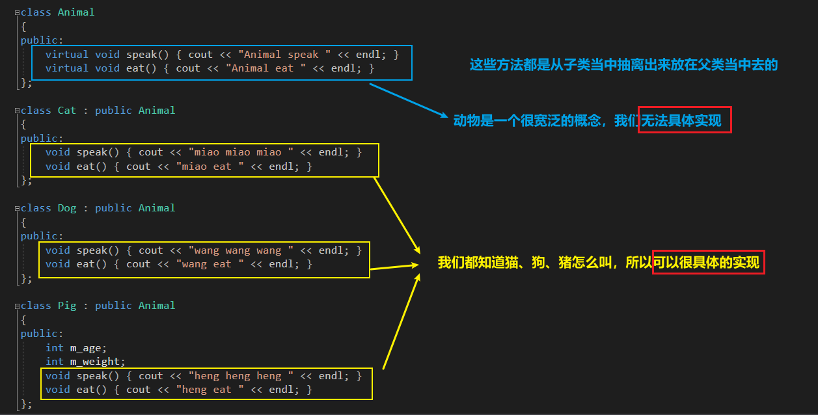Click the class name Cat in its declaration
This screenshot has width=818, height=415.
[67, 111]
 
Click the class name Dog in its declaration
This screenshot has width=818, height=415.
[67, 208]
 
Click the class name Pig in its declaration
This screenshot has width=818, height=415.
[67, 306]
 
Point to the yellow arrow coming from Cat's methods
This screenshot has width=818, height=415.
[396, 215]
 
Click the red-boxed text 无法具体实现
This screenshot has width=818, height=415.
[685, 120]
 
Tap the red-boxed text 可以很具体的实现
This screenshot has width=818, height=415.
[708, 263]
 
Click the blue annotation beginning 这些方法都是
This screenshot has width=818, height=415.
[623, 65]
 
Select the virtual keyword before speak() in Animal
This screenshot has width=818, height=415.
[67, 55]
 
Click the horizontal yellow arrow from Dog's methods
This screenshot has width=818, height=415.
[393, 267]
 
